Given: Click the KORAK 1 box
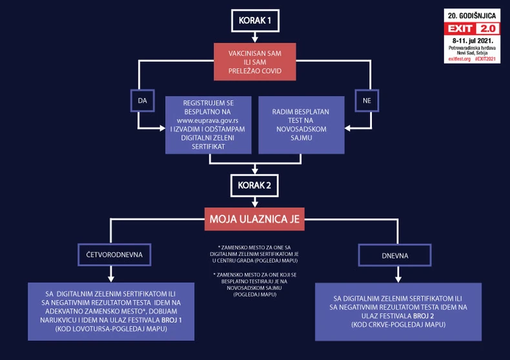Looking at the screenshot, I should click(255, 21).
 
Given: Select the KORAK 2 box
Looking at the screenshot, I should click(255, 186).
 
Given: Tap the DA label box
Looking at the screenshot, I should click(142, 101).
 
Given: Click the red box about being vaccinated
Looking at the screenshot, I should click(254, 63).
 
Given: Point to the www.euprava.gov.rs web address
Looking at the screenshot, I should click(207, 120).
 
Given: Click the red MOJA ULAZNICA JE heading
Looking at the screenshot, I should click(254, 219).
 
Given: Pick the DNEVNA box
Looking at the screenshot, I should click(396, 255).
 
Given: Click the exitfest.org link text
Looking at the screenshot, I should click(460, 59).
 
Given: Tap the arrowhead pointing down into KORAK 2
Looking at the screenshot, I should click(256, 172).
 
